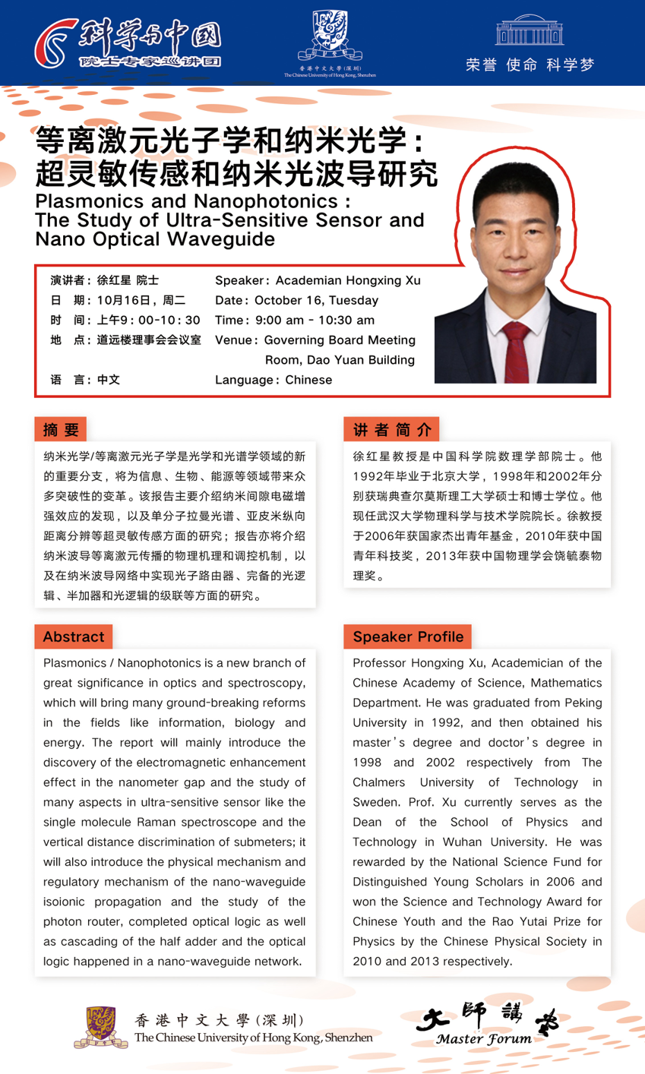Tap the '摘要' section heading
pyautogui.click(x=61, y=430)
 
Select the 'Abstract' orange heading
pyautogui.click(x=74, y=637)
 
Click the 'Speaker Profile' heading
pyautogui.click(x=408, y=637)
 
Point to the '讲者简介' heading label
pyautogui.click(x=391, y=430)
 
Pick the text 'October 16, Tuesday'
pyautogui.click(x=316, y=300)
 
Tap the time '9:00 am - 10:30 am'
pyautogui.click(x=315, y=320)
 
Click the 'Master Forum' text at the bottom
pyautogui.click(x=484, y=1039)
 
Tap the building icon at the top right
pyautogui.click(x=530, y=30)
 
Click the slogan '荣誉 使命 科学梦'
pyautogui.click(x=530, y=65)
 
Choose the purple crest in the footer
pyautogui.click(x=101, y=1027)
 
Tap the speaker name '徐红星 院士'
pyautogui.click(x=128, y=280)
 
